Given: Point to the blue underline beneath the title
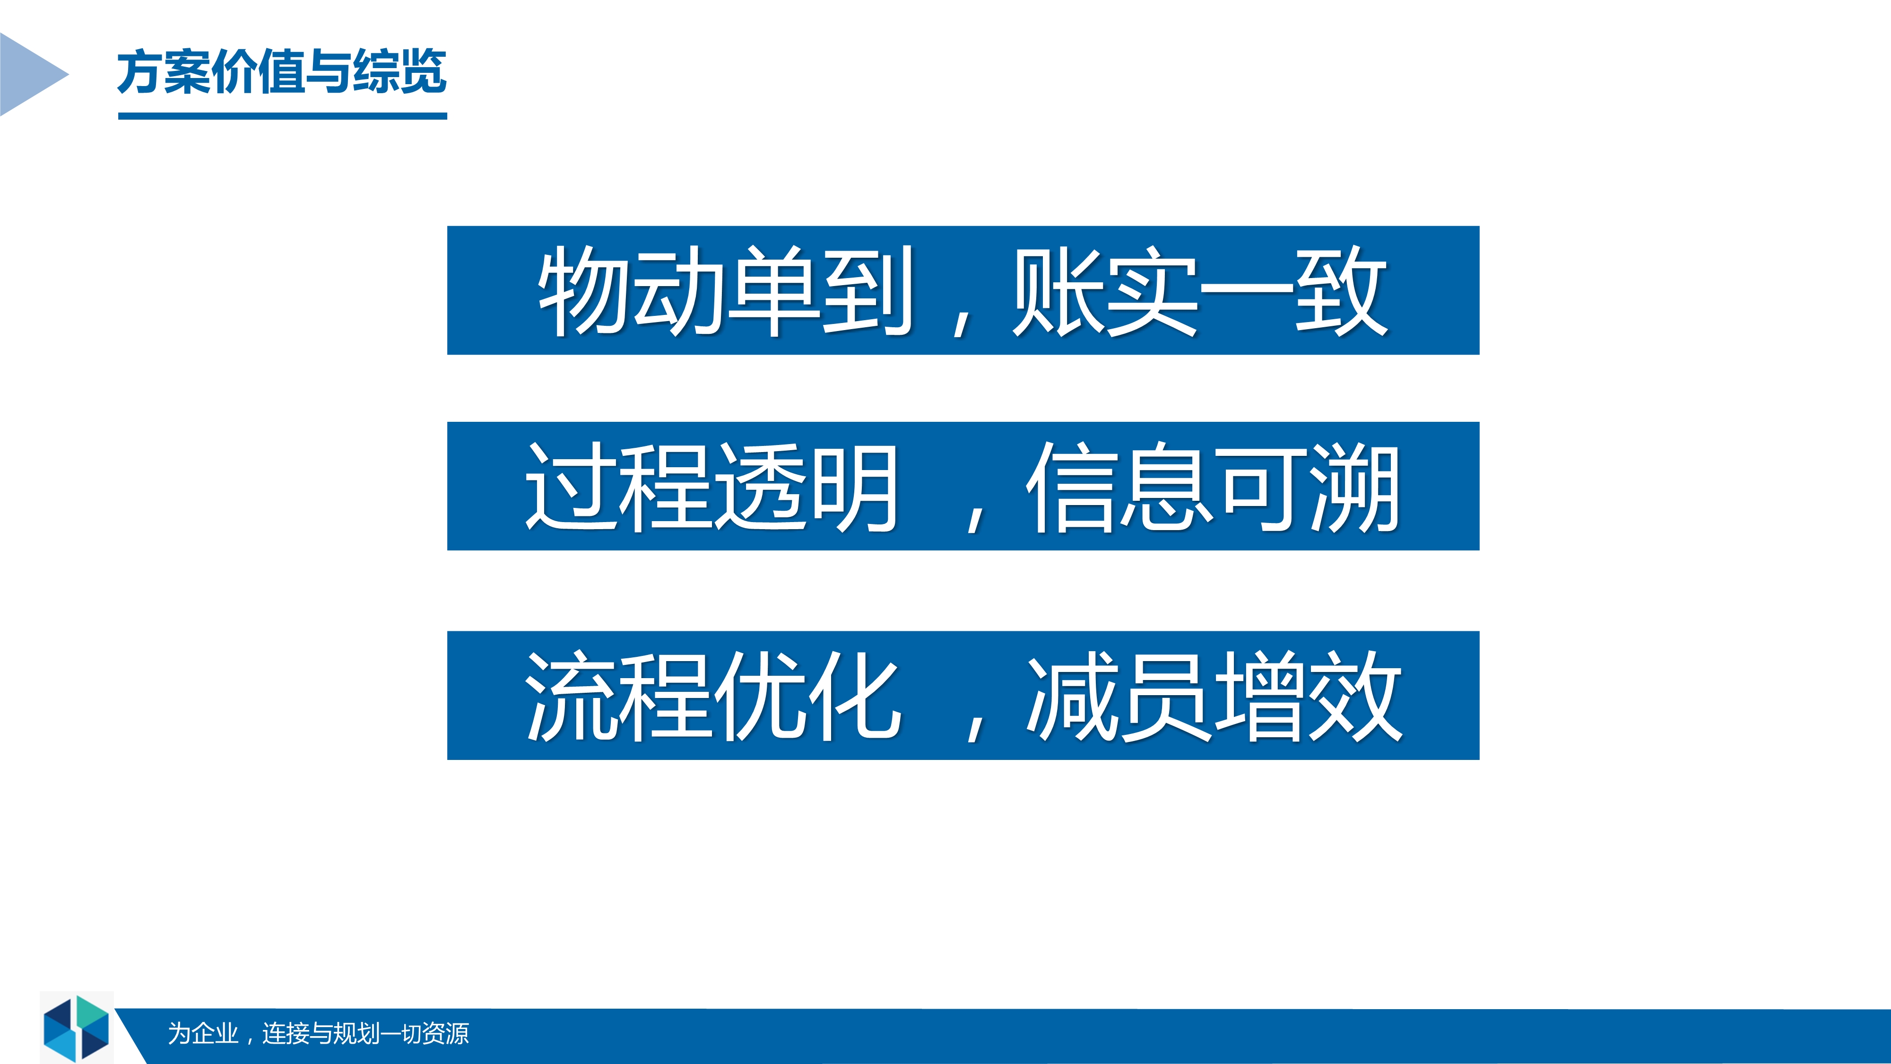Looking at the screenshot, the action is click(283, 116).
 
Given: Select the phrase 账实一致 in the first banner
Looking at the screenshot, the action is click(1199, 291).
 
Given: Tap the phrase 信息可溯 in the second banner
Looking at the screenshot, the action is click(1213, 487).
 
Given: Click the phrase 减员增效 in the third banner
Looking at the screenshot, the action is click(1214, 696).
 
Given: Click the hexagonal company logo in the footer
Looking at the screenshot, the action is click(76, 1028).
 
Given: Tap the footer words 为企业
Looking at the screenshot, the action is click(203, 1033).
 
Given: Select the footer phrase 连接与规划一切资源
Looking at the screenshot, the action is click(365, 1033).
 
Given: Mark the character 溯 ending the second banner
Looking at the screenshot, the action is click(1355, 487).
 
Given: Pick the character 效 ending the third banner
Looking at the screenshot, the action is click(1357, 696).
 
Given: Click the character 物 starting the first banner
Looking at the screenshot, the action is click(584, 291).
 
